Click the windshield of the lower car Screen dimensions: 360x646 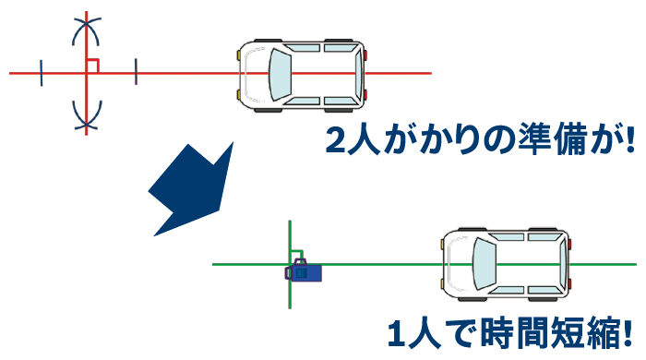(484, 264)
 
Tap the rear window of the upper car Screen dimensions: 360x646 (346, 72)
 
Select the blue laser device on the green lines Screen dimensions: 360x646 (303, 272)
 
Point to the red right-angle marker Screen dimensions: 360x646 (92, 66)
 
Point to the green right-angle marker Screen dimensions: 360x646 (295, 258)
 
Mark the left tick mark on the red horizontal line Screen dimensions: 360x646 (42, 71)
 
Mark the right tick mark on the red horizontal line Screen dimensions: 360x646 (136, 71)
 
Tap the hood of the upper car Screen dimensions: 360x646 (254, 72)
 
